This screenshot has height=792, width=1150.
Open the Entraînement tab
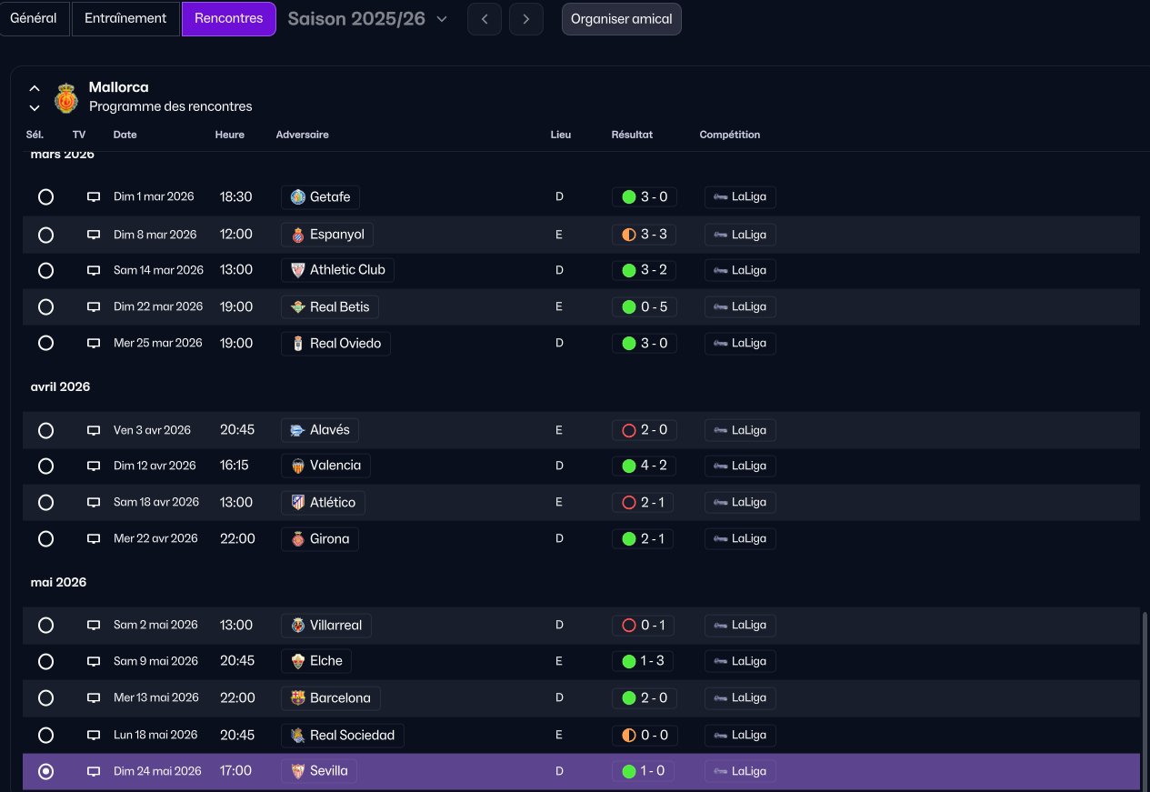tap(125, 18)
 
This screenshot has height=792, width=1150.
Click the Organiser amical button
tap(621, 19)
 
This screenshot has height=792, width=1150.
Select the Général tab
tap(34, 18)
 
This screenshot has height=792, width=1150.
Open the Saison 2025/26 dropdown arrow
tap(442, 19)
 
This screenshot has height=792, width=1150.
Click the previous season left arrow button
tap(485, 19)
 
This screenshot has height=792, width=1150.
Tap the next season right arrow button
tap(525, 19)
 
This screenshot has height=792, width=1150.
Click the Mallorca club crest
tap(66, 98)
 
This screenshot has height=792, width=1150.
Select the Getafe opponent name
tap(330, 196)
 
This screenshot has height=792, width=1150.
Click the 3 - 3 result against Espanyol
tap(654, 235)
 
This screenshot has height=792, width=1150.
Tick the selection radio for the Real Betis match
tap(45, 306)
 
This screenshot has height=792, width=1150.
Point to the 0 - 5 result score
tap(654, 306)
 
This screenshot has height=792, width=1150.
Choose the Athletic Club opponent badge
tap(298, 270)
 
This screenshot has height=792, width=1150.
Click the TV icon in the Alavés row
tap(94, 430)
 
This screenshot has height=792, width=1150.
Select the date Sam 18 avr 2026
tap(156, 502)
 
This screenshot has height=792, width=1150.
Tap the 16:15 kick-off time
tap(235, 466)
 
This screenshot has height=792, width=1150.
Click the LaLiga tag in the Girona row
tap(740, 539)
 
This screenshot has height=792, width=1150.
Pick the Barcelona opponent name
tap(340, 698)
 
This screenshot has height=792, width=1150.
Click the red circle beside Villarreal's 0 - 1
tap(629, 625)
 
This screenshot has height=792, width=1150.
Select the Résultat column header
tap(632, 135)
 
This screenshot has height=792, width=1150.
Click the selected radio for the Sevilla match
tap(45, 771)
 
